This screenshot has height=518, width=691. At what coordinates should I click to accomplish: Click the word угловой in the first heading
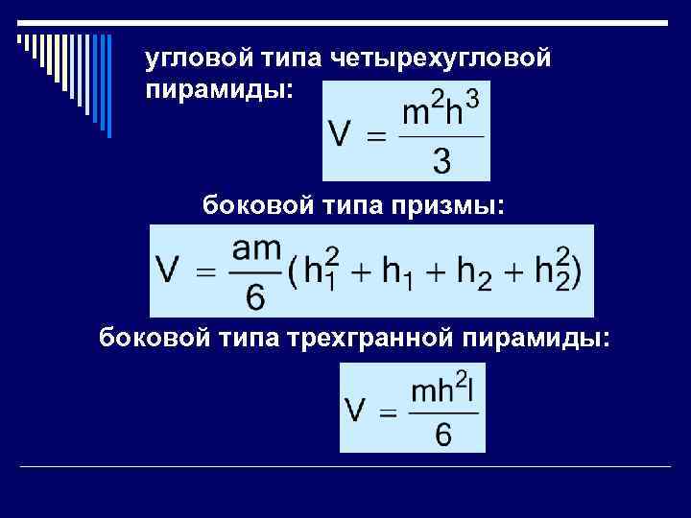pyautogui.click(x=192, y=61)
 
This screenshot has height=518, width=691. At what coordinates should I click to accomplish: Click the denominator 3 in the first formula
pyautogui.click(x=442, y=161)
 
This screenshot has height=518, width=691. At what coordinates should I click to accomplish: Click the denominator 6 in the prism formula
pyautogui.click(x=256, y=298)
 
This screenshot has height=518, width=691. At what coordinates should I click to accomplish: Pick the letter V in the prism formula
pyautogui.click(x=170, y=273)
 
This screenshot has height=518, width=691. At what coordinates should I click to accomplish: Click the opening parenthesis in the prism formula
pyautogui.click(x=292, y=273)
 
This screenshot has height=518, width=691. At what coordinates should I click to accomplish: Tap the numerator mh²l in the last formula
pyautogui.click(x=443, y=393)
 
